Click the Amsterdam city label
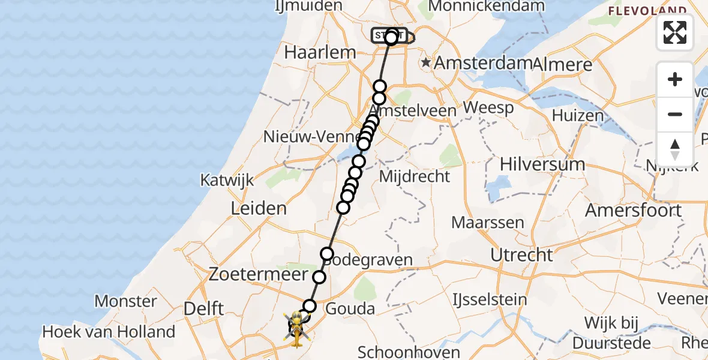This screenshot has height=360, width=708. click(x=483, y=62)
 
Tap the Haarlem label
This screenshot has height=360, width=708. click(x=320, y=52)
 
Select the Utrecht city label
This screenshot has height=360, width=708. click(x=521, y=254)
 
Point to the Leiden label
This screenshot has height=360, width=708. click(x=258, y=209)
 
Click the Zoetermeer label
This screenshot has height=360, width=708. click(x=259, y=275)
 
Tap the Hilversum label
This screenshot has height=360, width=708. click(x=542, y=164)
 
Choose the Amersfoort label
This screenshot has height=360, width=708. click(x=633, y=211)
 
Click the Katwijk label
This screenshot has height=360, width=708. click(x=227, y=180)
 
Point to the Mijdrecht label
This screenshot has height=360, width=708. click(x=415, y=176)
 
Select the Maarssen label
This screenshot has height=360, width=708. click(x=488, y=223)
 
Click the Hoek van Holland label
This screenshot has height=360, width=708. click(x=109, y=331)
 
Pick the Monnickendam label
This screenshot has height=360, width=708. click(x=487, y=7)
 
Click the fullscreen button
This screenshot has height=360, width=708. click(x=675, y=32)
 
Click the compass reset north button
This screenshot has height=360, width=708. click(x=675, y=149)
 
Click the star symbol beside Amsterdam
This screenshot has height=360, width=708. click(x=426, y=62)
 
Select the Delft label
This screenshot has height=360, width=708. click(x=203, y=309)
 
